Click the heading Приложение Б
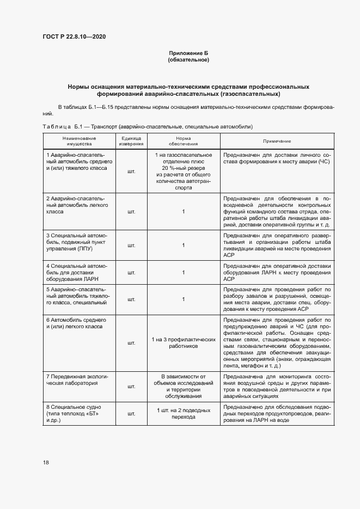tap(188, 52)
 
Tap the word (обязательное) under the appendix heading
tap(188, 59)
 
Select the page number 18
tap(46, 462)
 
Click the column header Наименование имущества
tap(79, 141)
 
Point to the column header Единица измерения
tap(131, 141)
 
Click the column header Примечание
tap(277, 141)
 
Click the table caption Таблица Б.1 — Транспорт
tap(147, 126)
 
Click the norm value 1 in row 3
tap(184, 246)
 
